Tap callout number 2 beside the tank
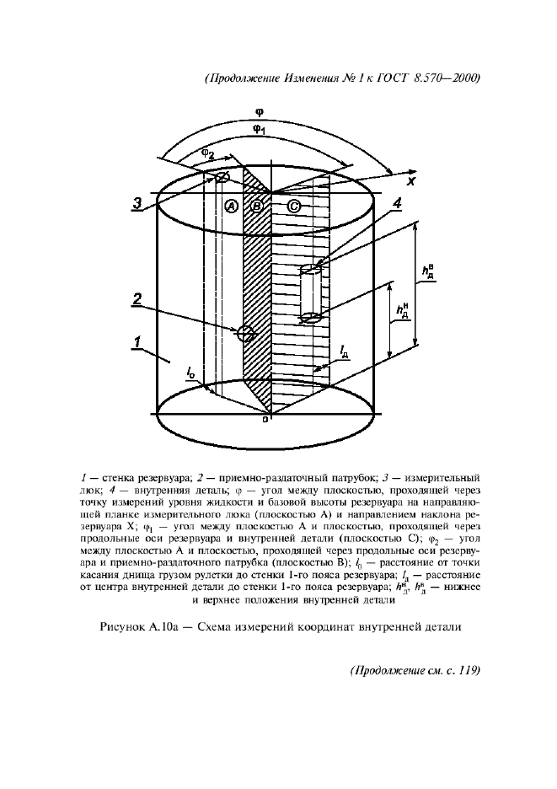coord(135,298)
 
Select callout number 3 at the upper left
coord(137,202)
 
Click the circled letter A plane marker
coord(232,207)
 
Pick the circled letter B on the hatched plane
coord(258,207)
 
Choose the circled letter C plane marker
coord(293,207)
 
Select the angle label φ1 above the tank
coord(260,129)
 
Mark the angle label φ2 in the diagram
coord(206,153)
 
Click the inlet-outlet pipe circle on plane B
coord(247,332)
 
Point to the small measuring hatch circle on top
coord(222,177)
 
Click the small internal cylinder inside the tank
coord(310,293)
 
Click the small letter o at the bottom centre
coord(265,419)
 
